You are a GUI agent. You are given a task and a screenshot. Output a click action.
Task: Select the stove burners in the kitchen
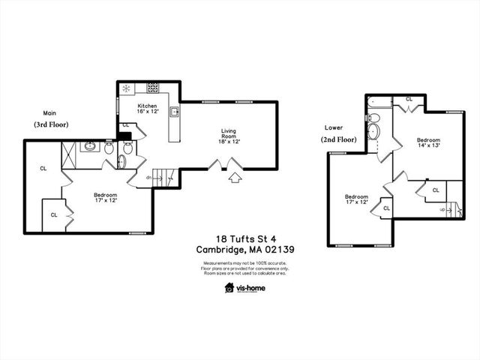pyautogui.click(x=152, y=87)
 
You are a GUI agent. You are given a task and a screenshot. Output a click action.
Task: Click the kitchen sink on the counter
pyautogui.click(x=173, y=112)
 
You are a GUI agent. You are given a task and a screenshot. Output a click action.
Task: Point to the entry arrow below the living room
pyautogui.click(x=235, y=178)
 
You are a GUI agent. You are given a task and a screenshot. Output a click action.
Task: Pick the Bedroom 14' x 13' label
pyautogui.click(x=428, y=143)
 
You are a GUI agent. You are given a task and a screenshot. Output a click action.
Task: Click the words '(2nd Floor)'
pyautogui.click(x=339, y=140)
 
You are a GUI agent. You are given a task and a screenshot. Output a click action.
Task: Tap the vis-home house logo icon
pyautogui.click(x=229, y=287)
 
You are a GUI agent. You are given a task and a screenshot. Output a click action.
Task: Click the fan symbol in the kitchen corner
pyautogui.click(x=126, y=88)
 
